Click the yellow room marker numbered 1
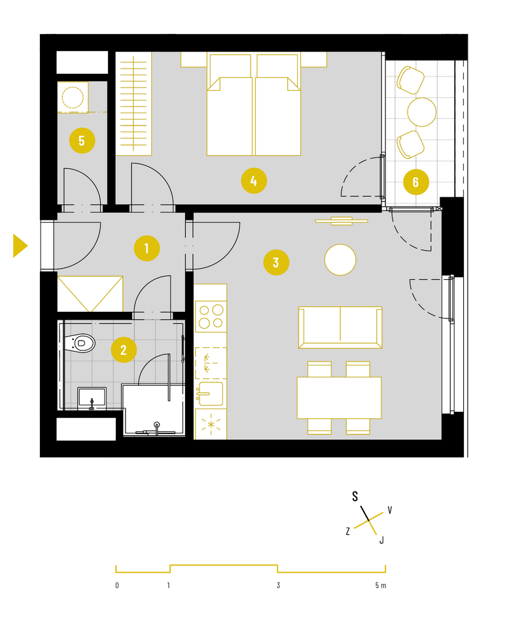pyautogui.click(x=147, y=248)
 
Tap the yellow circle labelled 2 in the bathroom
pyautogui.click(x=124, y=350)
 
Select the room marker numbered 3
pyautogui.click(x=276, y=262)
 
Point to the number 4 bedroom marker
pyautogui.click(x=254, y=180)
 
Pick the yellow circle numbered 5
pyautogui.click(x=82, y=141)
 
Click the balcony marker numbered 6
pyautogui.click(x=416, y=182)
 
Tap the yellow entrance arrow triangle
pyautogui.click(x=20, y=246)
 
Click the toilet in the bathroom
pyautogui.click(x=80, y=343)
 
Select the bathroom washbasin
pyautogui.click(x=92, y=398)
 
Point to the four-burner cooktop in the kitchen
pyautogui.click(x=211, y=316)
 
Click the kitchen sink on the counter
pyautogui.click(x=211, y=394)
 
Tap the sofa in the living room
pyautogui.click(x=340, y=328)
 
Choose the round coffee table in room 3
pyautogui.click(x=340, y=260)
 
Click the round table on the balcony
pyautogui.click(x=421, y=112)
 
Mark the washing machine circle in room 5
pyautogui.click(x=73, y=97)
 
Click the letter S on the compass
pyautogui.click(x=355, y=496)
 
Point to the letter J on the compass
pyautogui.click(x=381, y=540)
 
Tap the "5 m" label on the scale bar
pyautogui.click(x=381, y=585)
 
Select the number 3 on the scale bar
pyautogui.click(x=278, y=585)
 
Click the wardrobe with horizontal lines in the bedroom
pyautogui.click(x=133, y=104)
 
